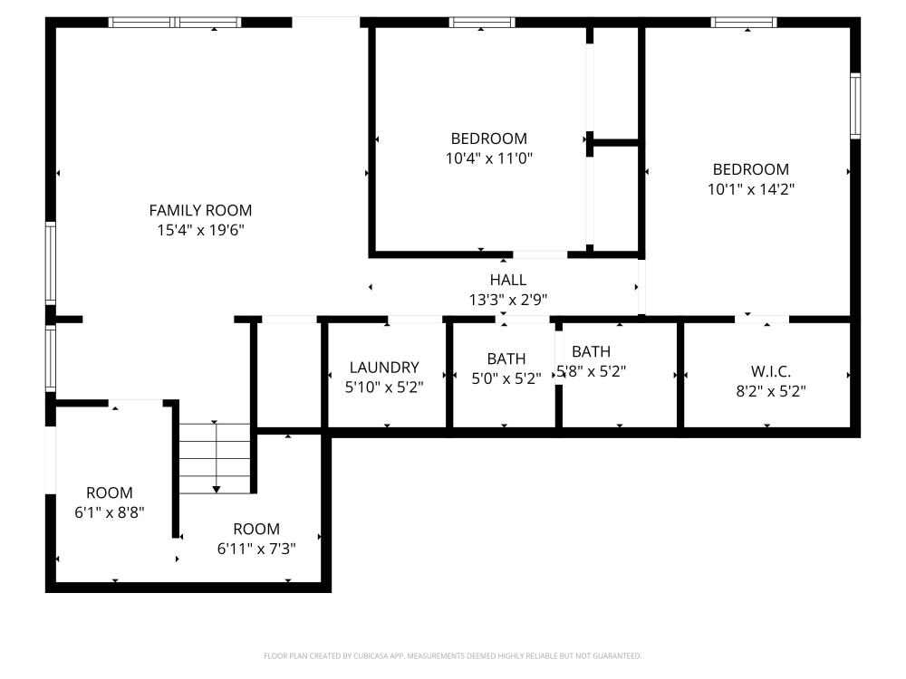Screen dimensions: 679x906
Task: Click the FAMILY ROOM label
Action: point(200,211)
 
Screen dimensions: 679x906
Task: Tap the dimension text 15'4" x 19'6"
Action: point(200,231)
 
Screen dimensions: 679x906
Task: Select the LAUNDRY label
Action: point(384,368)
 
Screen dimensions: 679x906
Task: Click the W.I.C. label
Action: point(770,372)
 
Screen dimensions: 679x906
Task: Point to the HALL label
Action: point(507,281)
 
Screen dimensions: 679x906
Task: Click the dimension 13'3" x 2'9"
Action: point(507,300)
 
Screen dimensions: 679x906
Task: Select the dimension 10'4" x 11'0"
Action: point(488,158)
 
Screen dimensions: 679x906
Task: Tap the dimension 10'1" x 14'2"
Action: point(751,189)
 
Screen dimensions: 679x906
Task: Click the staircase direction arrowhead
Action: point(216,489)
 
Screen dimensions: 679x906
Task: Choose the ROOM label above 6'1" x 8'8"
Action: point(109,493)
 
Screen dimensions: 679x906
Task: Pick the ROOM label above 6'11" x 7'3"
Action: point(256,529)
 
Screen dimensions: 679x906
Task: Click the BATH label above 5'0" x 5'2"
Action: point(506,359)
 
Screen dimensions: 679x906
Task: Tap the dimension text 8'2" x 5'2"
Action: point(770,392)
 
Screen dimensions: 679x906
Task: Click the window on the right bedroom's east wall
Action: point(854,106)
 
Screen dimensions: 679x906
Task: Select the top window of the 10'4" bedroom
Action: point(482,23)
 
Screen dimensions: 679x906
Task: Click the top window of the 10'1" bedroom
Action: point(744,23)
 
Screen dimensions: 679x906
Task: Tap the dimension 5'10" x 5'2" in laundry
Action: point(384,387)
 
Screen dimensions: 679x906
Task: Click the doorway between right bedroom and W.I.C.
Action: point(761,319)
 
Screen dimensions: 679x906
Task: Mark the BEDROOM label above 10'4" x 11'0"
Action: point(488,139)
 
